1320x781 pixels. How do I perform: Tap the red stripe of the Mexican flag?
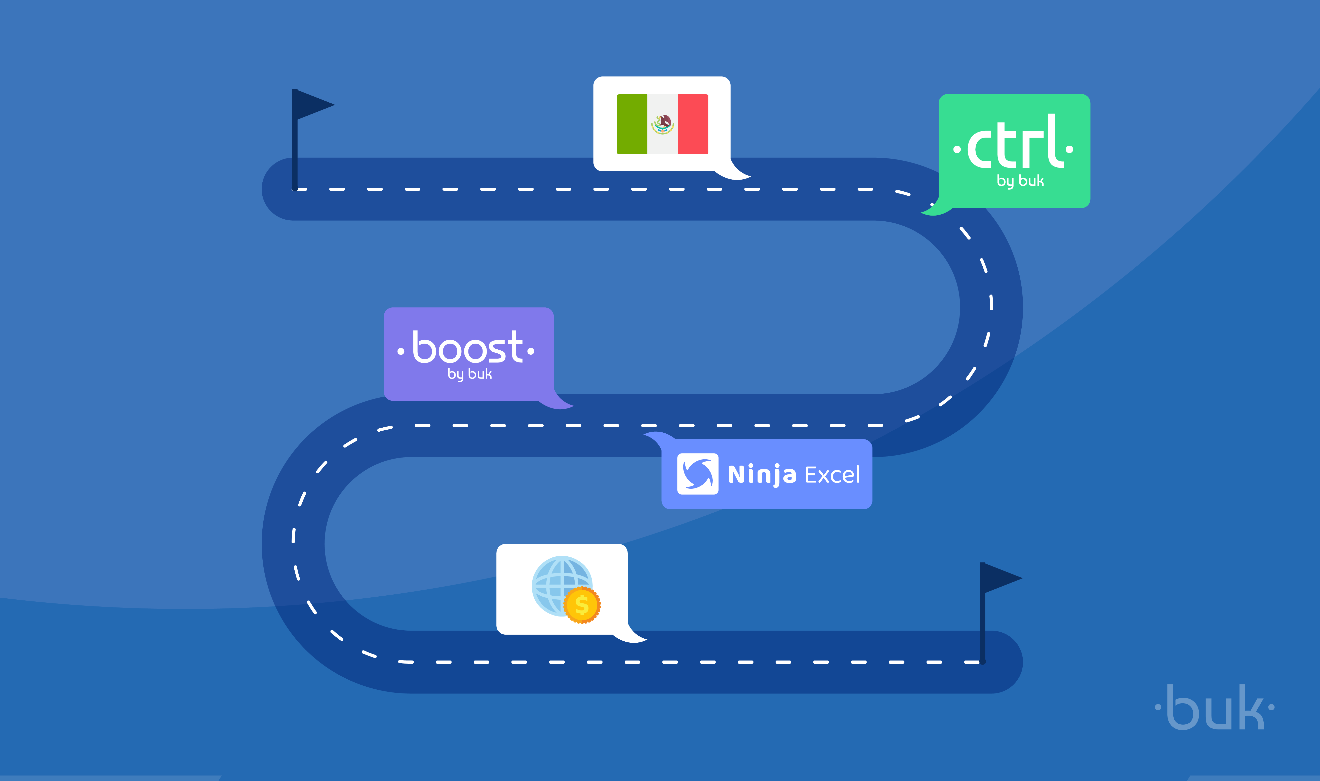pyautogui.click(x=693, y=124)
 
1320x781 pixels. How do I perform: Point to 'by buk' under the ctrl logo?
pyautogui.click(x=1020, y=181)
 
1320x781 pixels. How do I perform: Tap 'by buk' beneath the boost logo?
pyautogui.click(x=469, y=374)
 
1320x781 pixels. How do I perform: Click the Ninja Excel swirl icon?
pyautogui.click(x=697, y=474)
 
